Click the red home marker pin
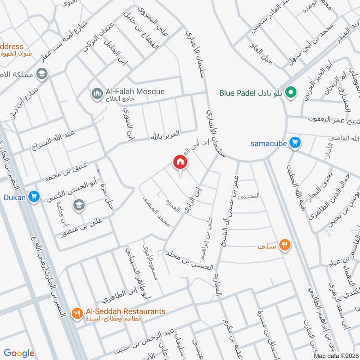click(180, 162)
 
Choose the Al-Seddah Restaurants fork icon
click(77, 312)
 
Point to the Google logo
click(19, 353)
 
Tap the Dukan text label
click(13, 197)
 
